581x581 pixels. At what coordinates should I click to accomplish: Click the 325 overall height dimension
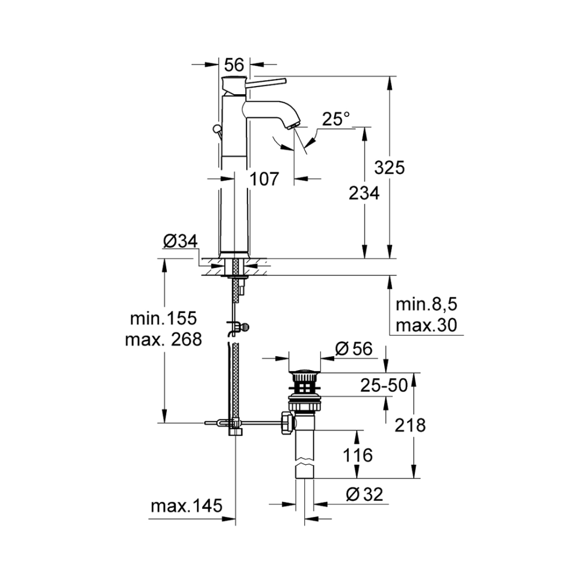click(x=389, y=168)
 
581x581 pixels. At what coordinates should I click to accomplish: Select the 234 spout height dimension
click(x=364, y=193)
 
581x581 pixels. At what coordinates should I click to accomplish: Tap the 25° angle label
click(x=336, y=119)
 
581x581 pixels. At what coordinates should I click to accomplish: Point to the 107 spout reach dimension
click(x=264, y=180)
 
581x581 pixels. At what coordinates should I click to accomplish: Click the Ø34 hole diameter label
click(x=181, y=241)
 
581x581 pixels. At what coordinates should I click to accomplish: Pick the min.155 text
click(x=163, y=318)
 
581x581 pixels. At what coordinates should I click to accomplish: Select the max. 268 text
click(x=163, y=339)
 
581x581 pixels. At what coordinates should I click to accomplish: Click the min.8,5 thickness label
click(x=426, y=304)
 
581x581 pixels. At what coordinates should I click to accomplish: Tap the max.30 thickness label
click(x=426, y=325)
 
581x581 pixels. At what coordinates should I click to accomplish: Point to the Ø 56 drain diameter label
click(x=353, y=349)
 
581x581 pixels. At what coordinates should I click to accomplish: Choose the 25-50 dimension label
click(x=384, y=385)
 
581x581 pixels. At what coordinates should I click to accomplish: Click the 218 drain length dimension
click(x=410, y=425)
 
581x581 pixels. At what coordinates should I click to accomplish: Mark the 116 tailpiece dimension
click(x=357, y=455)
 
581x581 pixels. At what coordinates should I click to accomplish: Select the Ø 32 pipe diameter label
click(x=364, y=494)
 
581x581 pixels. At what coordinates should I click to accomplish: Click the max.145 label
click(x=187, y=505)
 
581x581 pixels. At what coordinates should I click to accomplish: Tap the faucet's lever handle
click(x=266, y=83)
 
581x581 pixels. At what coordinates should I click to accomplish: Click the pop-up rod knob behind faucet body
click(x=216, y=130)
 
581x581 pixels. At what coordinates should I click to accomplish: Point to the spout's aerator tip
click(x=293, y=125)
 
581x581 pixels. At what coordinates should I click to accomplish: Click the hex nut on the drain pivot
click(x=288, y=422)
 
